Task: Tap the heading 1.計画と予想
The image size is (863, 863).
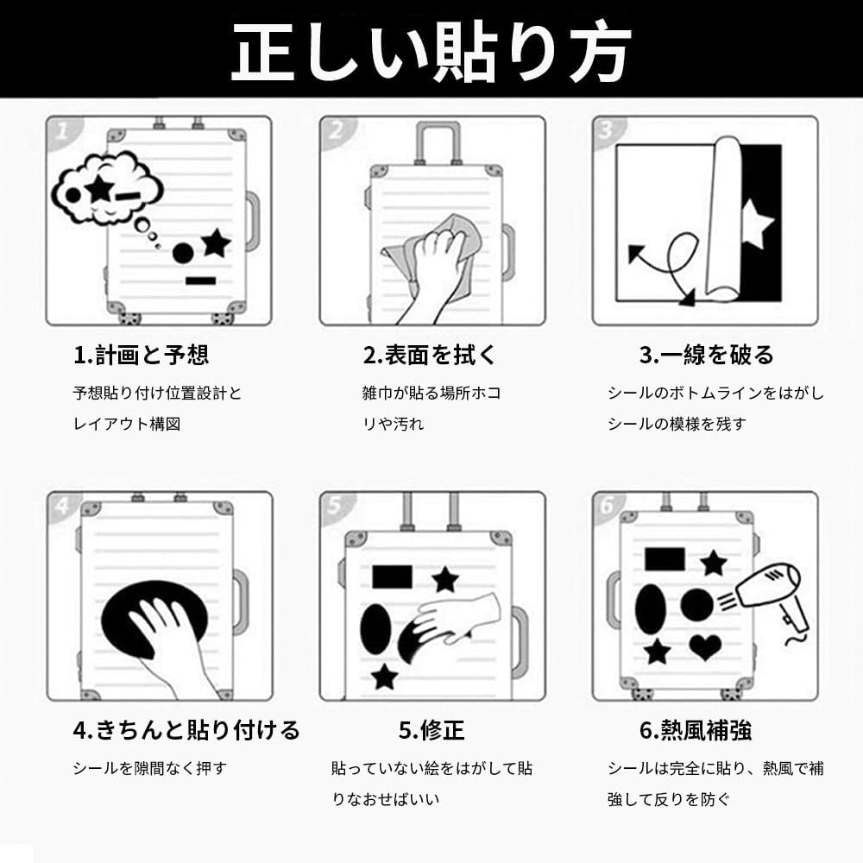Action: click(x=141, y=355)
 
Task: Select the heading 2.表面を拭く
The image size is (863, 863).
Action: click(x=429, y=355)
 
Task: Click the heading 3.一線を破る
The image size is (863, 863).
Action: click(x=706, y=355)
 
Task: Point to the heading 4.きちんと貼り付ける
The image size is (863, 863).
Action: click(x=186, y=730)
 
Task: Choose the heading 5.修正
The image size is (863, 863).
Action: click(x=431, y=730)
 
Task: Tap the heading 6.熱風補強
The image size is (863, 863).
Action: click(x=696, y=730)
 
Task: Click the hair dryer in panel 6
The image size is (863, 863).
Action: click(x=769, y=599)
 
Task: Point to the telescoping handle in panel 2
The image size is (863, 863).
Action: click(x=438, y=142)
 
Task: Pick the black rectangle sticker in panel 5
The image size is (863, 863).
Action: click(x=392, y=576)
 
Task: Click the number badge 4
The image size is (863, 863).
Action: click(x=63, y=505)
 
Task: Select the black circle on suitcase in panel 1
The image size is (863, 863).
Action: click(x=183, y=253)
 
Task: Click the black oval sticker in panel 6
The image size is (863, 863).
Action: click(x=650, y=609)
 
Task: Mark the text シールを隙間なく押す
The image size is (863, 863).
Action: click(x=149, y=768)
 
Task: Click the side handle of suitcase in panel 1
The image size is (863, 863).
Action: click(x=253, y=221)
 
